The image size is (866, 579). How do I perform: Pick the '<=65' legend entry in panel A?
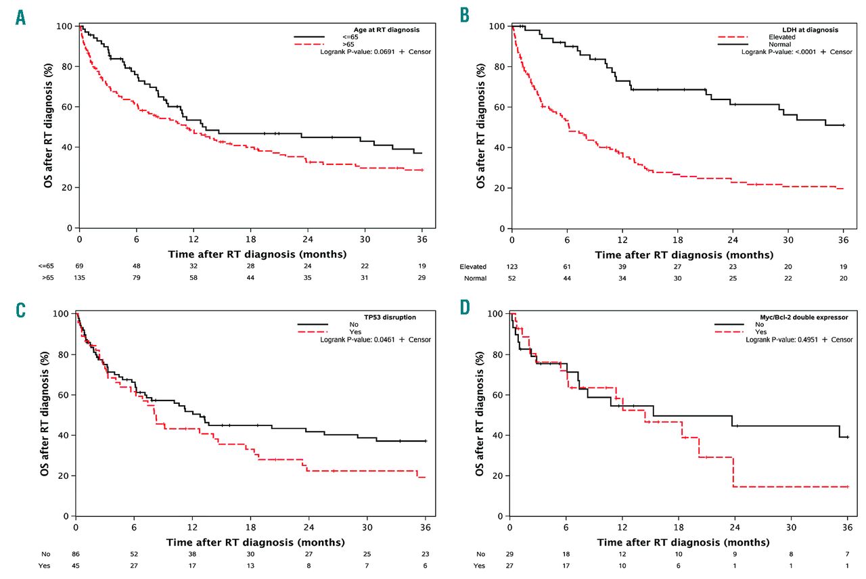351,37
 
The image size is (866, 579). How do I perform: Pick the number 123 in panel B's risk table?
512,267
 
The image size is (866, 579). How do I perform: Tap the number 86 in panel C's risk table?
75,554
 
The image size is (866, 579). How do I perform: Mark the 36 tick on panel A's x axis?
422,240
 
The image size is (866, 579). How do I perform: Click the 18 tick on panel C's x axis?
250,528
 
